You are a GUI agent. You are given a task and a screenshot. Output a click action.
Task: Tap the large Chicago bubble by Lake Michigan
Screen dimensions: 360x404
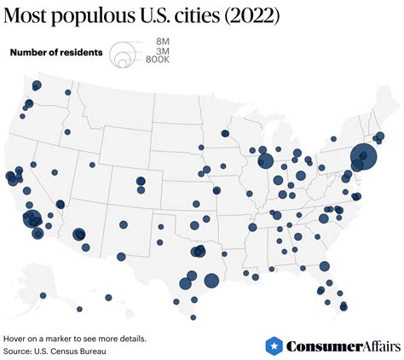click(x=265, y=160)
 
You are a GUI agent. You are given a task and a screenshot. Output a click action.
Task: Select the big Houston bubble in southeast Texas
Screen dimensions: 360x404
click(x=211, y=280)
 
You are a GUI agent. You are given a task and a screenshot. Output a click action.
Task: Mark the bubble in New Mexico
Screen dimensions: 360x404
click(x=123, y=224)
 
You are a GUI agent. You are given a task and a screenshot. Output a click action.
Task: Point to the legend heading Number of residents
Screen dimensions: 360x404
click(x=56, y=53)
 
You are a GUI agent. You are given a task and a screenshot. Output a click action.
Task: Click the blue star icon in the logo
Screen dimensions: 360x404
click(x=274, y=345)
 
